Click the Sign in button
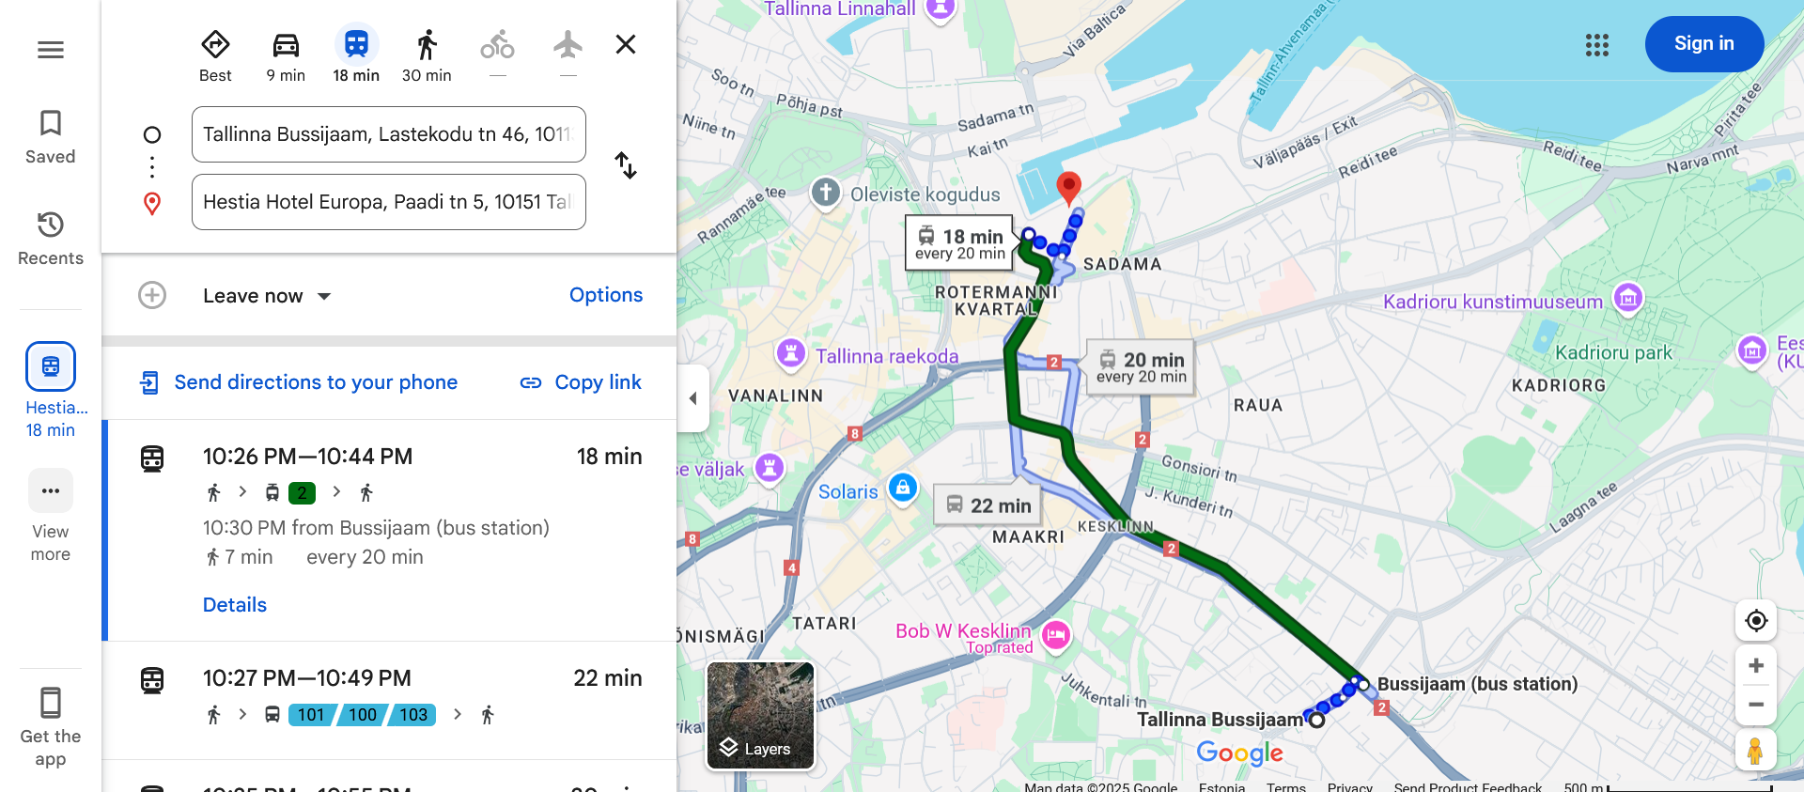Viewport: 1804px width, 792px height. pos(1703,44)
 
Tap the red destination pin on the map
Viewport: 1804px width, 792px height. pos(1068,186)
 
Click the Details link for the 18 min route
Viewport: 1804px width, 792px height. pos(235,605)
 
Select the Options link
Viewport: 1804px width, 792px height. pos(606,295)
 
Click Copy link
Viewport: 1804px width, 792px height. pos(581,382)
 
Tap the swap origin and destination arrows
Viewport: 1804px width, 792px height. pos(626,166)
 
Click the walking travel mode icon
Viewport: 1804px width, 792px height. pos(427,45)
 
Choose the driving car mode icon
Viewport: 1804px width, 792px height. pos(286,45)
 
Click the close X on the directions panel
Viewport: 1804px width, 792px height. pos(626,44)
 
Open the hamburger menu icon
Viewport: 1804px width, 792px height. pos(51,50)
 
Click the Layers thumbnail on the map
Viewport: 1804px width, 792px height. pos(760,715)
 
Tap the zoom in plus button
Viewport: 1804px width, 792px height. pos(1755,666)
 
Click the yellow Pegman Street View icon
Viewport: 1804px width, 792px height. pos(1755,751)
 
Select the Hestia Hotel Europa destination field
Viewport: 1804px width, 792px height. pos(388,202)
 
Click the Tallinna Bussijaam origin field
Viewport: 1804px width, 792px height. pos(388,134)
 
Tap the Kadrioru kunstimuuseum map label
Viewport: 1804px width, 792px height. pos(1492,302)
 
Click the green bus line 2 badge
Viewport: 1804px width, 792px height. pos(302,492)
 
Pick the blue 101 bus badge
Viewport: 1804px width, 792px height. pos(311,715)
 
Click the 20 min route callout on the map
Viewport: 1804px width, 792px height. pos(1142,366)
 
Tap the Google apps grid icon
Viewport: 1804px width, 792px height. pos(1596,45)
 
